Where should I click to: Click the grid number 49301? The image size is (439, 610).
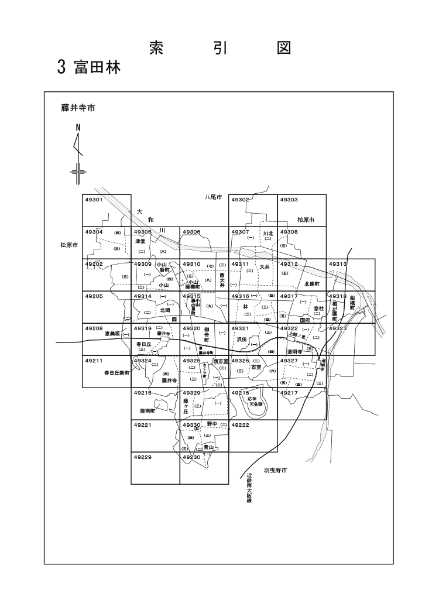94,200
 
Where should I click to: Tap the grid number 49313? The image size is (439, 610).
338,264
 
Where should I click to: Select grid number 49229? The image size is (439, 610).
143,457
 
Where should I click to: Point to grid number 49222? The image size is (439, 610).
241,424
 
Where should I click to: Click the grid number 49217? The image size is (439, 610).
289,392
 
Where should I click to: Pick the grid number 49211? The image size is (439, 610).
94,361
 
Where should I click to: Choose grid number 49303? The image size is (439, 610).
289,200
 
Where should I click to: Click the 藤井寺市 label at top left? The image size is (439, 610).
78,108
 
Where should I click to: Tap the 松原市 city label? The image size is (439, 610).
69,245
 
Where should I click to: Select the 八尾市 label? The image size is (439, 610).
214,198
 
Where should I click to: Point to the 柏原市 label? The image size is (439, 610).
306,220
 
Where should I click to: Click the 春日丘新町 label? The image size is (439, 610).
116,372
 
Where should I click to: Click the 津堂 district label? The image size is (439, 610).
140,241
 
